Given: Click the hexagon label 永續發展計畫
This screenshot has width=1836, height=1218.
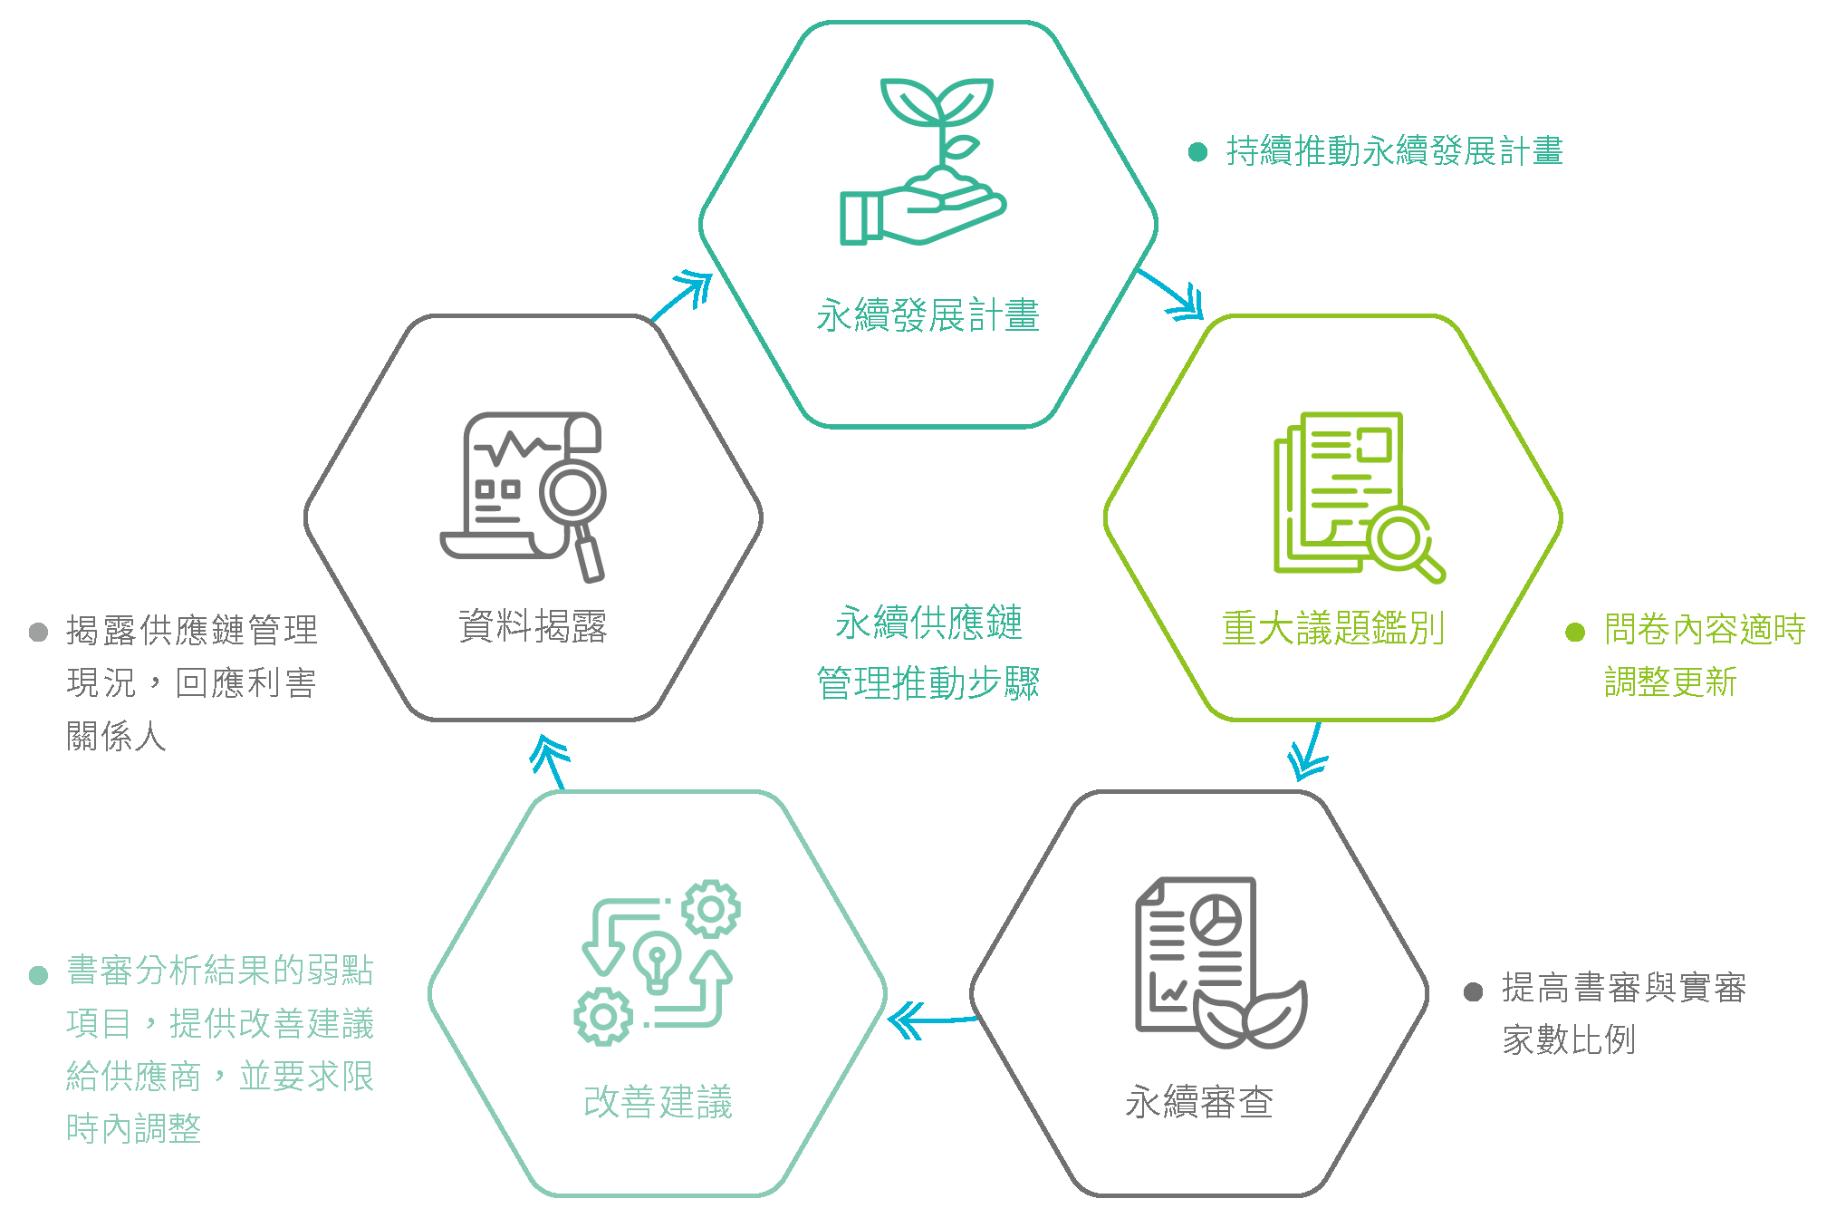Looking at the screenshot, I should tap(928, 315).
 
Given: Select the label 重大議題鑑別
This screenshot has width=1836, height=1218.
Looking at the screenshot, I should tap(1332, 628).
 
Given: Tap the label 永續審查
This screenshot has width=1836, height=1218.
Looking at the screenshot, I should tap(1199, 1102).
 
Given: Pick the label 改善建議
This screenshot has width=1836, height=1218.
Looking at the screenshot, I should tap(658, 1102).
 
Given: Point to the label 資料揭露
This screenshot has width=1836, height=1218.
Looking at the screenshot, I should tap(533, 626).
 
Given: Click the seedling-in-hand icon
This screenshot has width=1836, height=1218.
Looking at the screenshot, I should tap(924, 161).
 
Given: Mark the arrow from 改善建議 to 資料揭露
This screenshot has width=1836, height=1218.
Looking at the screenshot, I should tap(550, 761).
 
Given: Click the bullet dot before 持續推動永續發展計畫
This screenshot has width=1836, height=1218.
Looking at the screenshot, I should tap(1197, 152).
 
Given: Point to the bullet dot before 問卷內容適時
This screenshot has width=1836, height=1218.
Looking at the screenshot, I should tap(1575, 632).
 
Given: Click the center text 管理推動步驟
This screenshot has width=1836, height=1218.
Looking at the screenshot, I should tap(928, 682).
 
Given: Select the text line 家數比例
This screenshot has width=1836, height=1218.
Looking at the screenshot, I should tap(1569, 1039).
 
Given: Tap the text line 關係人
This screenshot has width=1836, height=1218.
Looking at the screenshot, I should tap(116, 736).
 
